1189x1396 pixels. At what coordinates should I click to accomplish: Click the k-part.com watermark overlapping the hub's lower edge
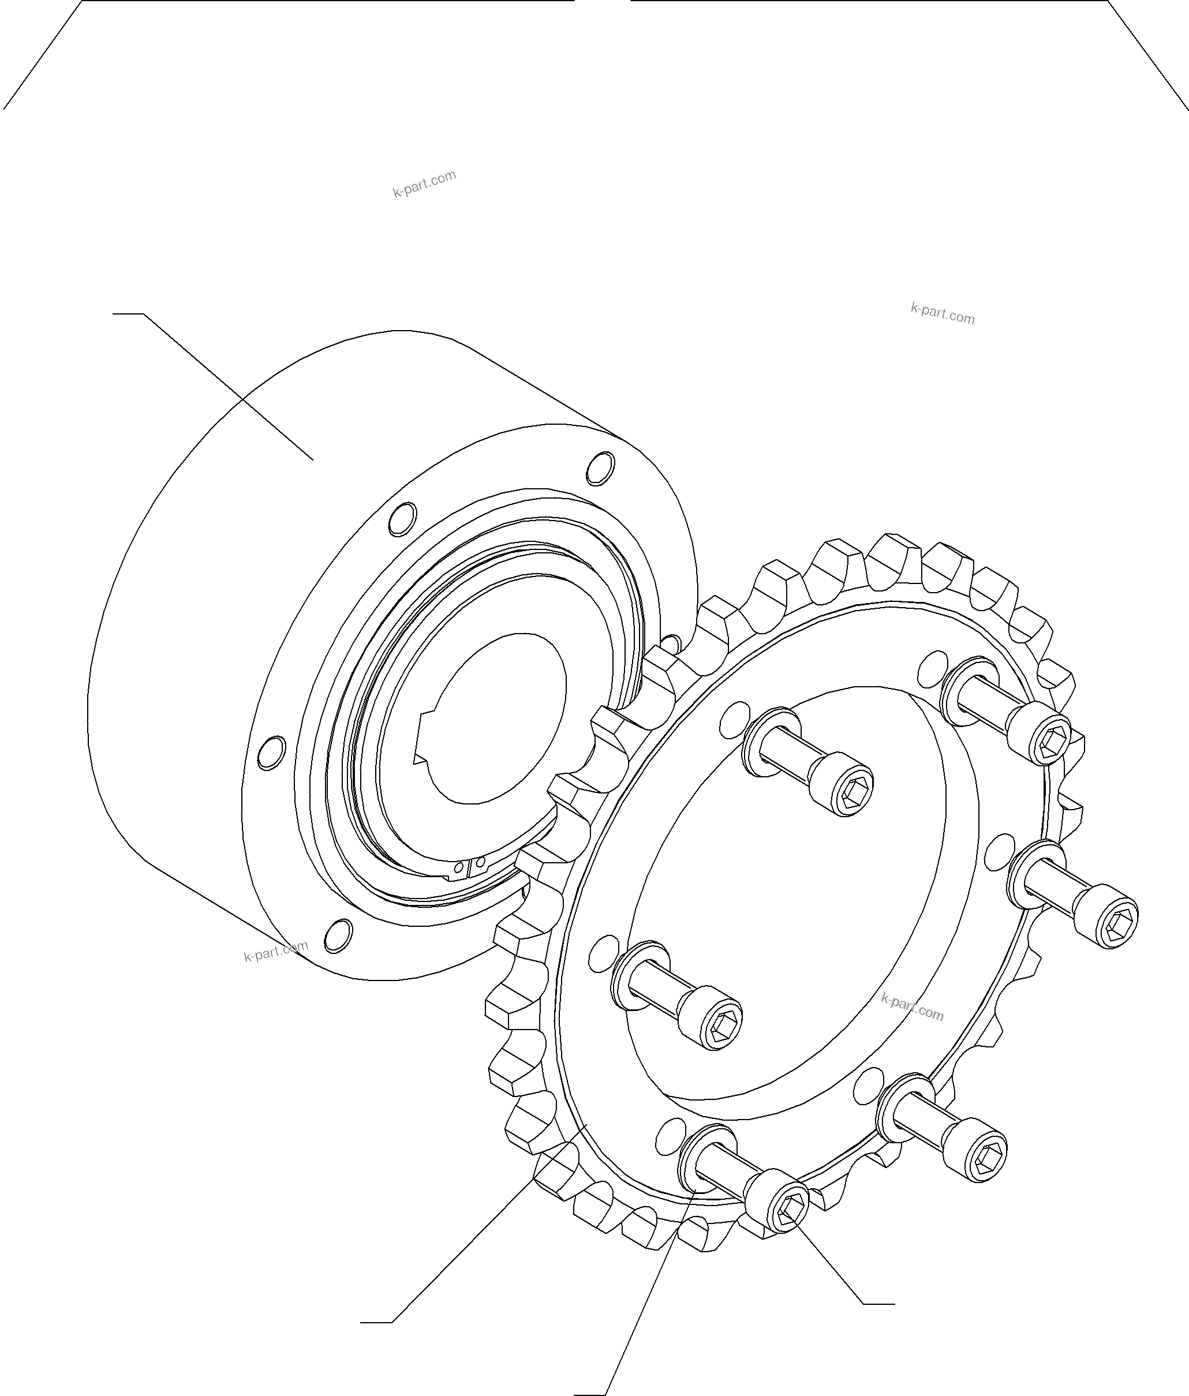(276, 950)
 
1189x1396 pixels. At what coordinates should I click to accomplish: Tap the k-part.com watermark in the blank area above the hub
(425, 184)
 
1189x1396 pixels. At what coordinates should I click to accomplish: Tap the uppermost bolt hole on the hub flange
(600, 468)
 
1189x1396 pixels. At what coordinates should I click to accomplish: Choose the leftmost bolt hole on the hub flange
(272, 753)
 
